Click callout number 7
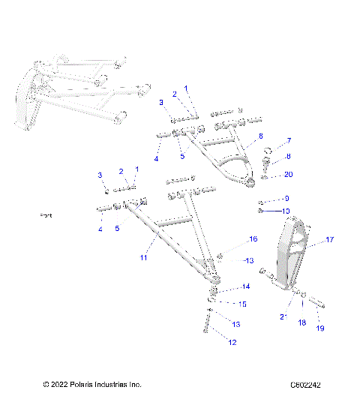[289, 140]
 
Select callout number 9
[286, 199]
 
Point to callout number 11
[143, 257]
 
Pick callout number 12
[232, 342]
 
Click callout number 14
[244, 286]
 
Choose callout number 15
[242, 304]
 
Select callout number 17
[328, 241]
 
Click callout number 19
[319, 328]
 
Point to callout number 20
[289, 174]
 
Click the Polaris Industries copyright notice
[92, 385]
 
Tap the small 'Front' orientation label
[46, 215]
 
